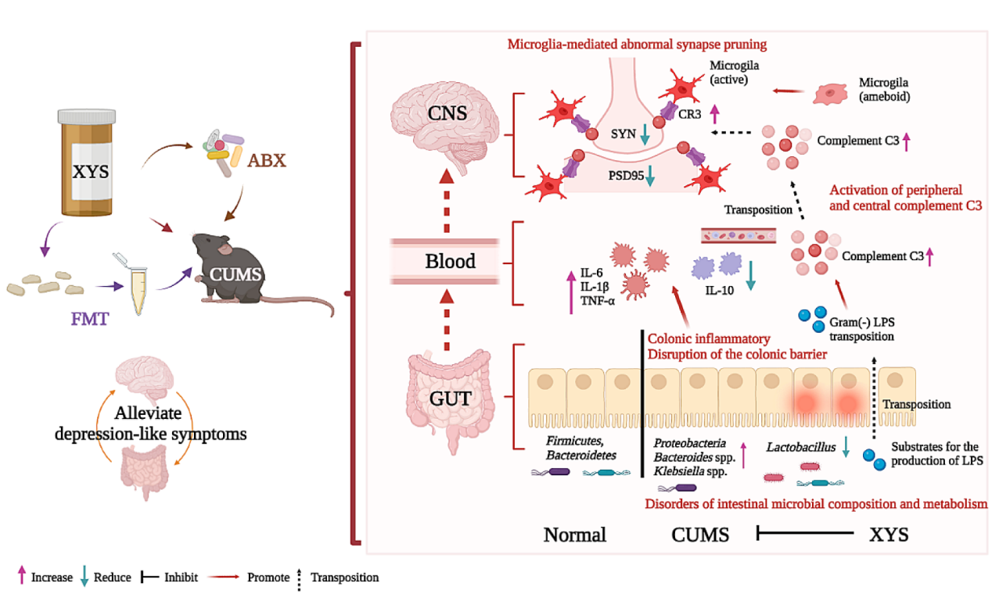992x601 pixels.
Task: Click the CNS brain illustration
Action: [x=447, y=117]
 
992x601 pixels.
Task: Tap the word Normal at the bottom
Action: [x=574, y=535]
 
